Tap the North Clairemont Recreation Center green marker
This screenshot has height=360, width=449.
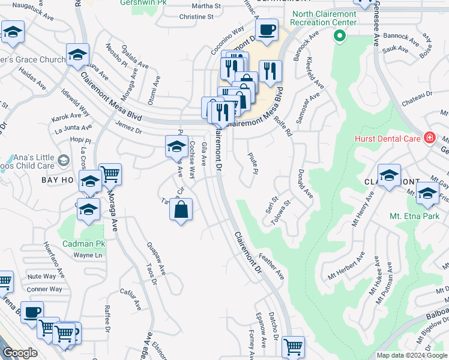340,37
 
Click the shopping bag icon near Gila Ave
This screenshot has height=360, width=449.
181,210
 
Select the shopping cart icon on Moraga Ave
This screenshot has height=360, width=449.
110,174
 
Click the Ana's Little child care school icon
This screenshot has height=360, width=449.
64,160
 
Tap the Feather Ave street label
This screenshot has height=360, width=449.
271,266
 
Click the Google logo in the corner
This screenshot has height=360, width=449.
20,353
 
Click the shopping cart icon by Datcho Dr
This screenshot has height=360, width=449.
293,346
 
